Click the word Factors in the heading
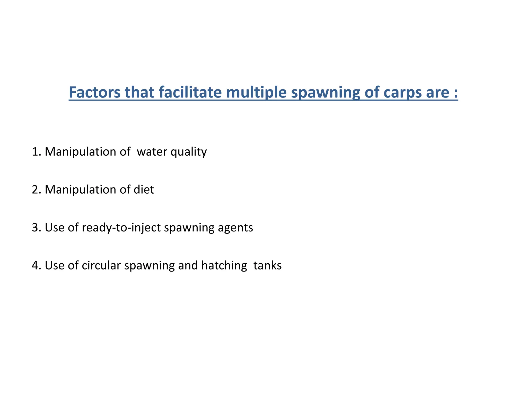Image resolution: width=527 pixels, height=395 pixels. tap(94, 92)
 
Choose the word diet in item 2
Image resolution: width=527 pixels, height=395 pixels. tap(144, 190)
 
